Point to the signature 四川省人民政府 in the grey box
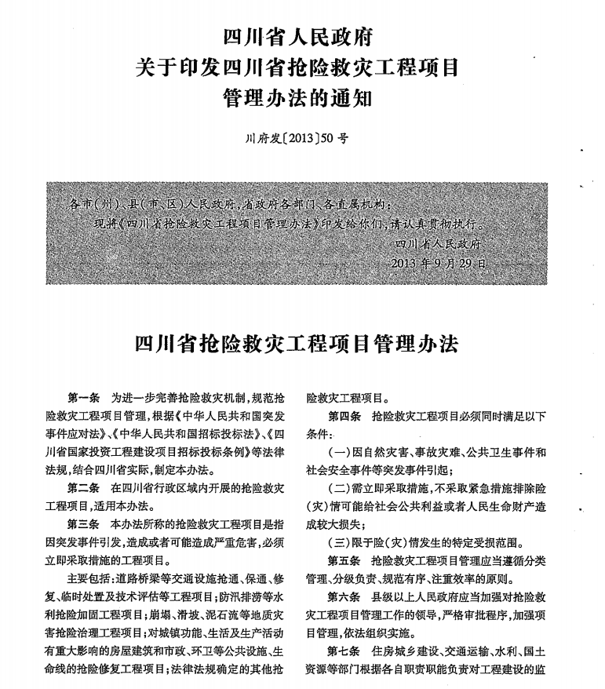[x=441, y=244]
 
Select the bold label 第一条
[x=85, y=398]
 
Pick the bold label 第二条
[x=85, y=487]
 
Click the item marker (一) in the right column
[x=340, y=452]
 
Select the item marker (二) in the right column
[x=340, y=488]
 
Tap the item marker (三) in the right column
[x=340, y=542]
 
